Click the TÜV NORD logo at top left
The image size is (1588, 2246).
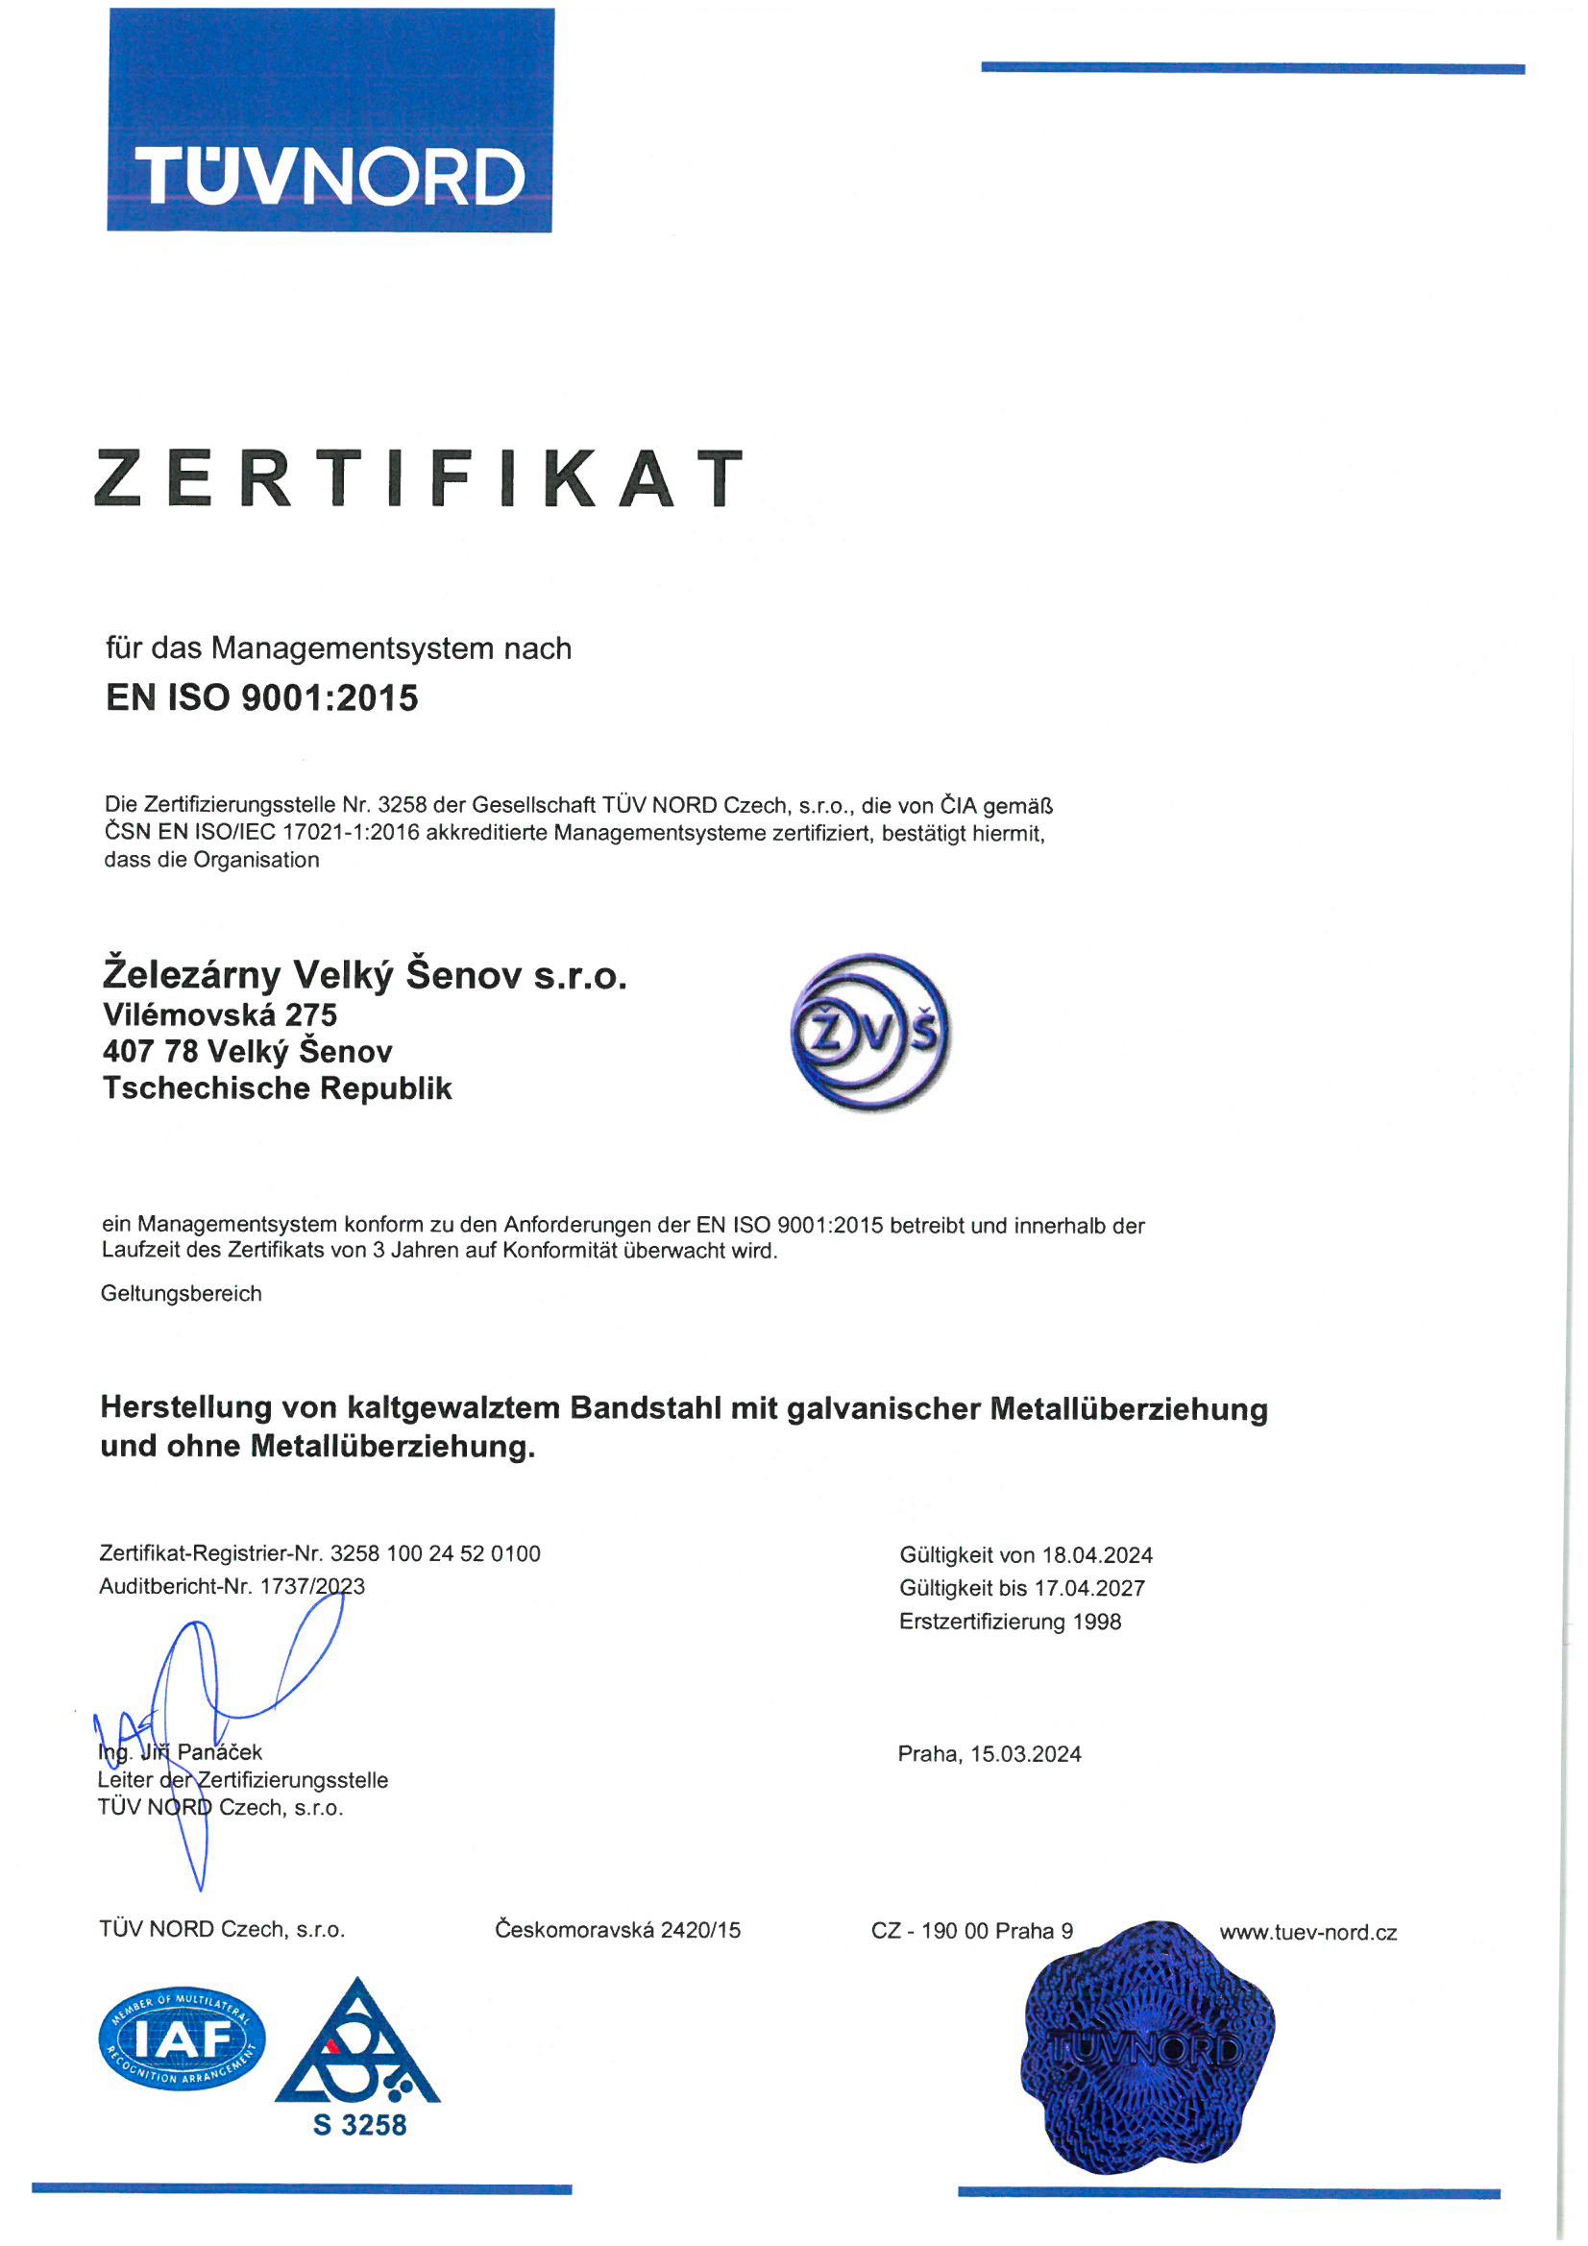[330, 120]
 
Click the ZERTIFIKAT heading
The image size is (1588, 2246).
[419, 478]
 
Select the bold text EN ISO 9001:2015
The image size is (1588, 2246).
[261, 698]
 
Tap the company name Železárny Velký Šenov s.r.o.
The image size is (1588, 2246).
[364, 975]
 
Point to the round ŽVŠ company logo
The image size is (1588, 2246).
[869, 1032]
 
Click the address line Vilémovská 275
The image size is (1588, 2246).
[219, 1014]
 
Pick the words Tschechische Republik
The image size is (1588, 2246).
[277, 1087]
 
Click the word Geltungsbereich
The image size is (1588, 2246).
[181, 1293]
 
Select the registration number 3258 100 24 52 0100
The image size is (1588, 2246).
[435, 1553]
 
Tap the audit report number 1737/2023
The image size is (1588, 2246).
[312, 1586]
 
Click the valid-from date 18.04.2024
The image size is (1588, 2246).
[1097, 1555]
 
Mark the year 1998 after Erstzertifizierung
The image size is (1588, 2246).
[1097, 1621]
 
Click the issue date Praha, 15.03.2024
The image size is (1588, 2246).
[989, 1754]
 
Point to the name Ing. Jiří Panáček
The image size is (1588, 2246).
[180, 1752]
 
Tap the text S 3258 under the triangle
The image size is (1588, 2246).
[359, 2125]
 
